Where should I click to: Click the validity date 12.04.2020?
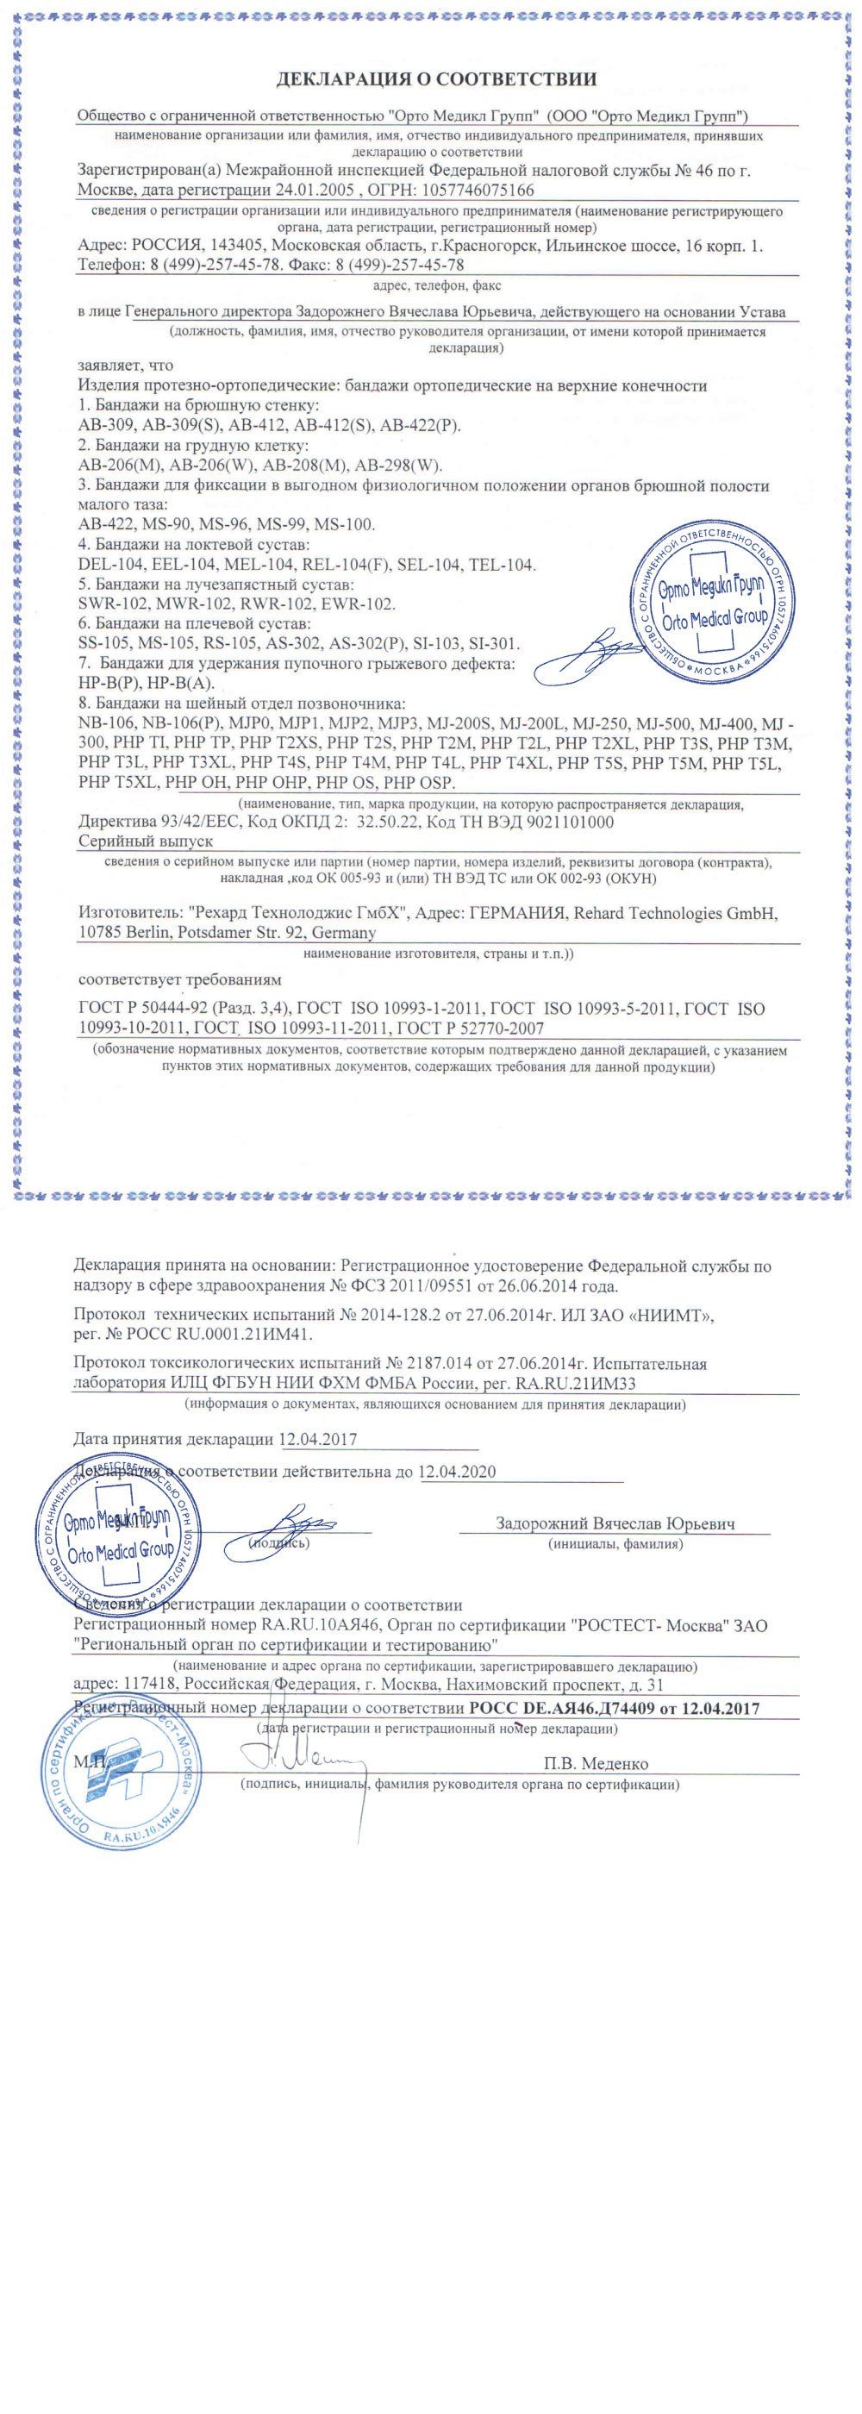(456, 1472)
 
